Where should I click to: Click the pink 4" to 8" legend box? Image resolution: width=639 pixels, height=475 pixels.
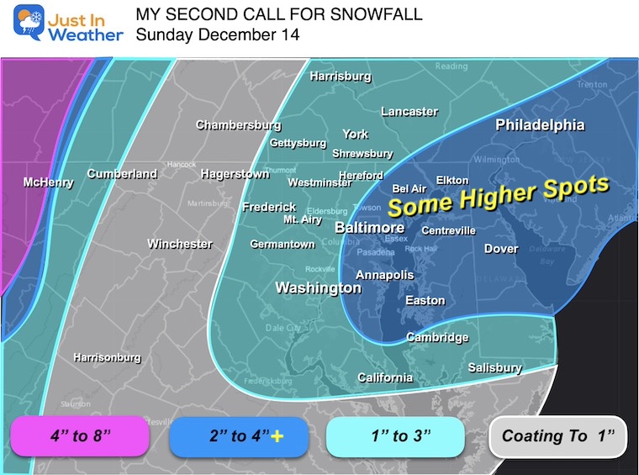(80, 435)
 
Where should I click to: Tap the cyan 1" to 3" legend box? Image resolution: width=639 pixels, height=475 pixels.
(395, 435)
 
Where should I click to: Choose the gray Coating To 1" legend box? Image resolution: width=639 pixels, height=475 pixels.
(557, 435)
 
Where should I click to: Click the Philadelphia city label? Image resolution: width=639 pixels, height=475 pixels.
(540, 124)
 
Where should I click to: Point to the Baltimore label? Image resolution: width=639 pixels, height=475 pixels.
(369, 227)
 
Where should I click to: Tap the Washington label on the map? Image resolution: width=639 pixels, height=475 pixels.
(319, 288)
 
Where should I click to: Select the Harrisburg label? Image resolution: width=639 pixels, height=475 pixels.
(341, 77)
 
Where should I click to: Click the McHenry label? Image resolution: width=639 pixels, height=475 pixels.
(48, 182)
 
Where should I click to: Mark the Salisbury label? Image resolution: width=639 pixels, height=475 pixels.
(494, 367)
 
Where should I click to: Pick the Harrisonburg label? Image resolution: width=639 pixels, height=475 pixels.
(107, 357)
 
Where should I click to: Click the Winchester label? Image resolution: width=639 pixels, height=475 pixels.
(180, 244)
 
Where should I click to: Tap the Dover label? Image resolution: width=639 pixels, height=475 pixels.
(501, 248)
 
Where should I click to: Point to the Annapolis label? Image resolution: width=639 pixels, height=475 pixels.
(384, 275)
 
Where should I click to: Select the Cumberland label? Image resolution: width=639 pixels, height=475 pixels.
(122, 174)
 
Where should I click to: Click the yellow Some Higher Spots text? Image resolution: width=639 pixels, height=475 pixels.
(497, 194)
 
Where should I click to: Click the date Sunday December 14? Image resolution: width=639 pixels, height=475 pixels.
(217, 35)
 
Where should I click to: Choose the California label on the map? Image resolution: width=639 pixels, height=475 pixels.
(385, 377)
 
